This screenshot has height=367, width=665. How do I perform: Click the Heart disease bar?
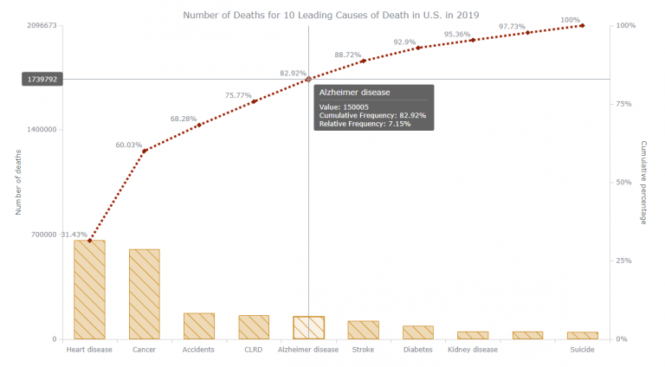(89, 289)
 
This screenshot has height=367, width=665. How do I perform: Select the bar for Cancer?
(144, 293)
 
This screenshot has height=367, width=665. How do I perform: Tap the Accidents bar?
(199, 325)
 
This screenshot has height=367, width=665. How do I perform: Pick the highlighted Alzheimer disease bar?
(308, 327)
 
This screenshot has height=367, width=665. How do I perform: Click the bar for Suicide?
(582, 335)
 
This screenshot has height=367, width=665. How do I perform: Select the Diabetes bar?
(418, 332)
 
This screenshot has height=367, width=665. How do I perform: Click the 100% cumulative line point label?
(571, 20)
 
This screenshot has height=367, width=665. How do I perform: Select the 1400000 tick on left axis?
(39, 130)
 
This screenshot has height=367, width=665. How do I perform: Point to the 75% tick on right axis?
(625, 104)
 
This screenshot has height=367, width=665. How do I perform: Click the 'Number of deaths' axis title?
(18, 182)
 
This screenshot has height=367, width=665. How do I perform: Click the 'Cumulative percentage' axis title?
(643, 182)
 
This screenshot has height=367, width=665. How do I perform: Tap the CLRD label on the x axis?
(254, 351)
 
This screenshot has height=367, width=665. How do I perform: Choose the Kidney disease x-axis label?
(473, 351)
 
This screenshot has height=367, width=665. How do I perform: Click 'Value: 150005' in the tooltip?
(344, 107)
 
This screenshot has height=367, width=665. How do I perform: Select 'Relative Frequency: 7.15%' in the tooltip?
(365, 124)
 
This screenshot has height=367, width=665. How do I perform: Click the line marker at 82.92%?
(308, 79)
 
